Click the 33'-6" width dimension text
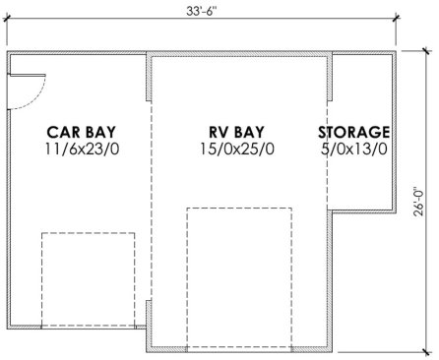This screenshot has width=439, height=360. [202, 11]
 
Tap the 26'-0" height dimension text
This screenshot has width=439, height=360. [419, 202]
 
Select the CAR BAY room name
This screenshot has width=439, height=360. [81, 132]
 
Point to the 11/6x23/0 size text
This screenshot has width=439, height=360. [82, 150]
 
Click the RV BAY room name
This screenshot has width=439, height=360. [236, 132]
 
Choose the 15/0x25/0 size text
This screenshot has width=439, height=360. [237, 150]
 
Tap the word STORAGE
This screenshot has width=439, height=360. [354, 132]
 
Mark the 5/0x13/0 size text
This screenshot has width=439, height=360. [354, 150]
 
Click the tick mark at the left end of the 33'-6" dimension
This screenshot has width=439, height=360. [7, 18]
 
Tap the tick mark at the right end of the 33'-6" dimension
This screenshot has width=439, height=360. [396, 18]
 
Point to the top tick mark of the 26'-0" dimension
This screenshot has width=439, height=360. [426, 51]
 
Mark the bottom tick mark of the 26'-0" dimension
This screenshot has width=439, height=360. [426, 352]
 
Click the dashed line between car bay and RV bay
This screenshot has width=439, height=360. [152, 201]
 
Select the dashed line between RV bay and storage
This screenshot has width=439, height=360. [328, 154]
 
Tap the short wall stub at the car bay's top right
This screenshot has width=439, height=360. [149, 78]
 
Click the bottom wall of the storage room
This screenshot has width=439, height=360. [362, 211]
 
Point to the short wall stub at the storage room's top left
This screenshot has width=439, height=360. [330, 78]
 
